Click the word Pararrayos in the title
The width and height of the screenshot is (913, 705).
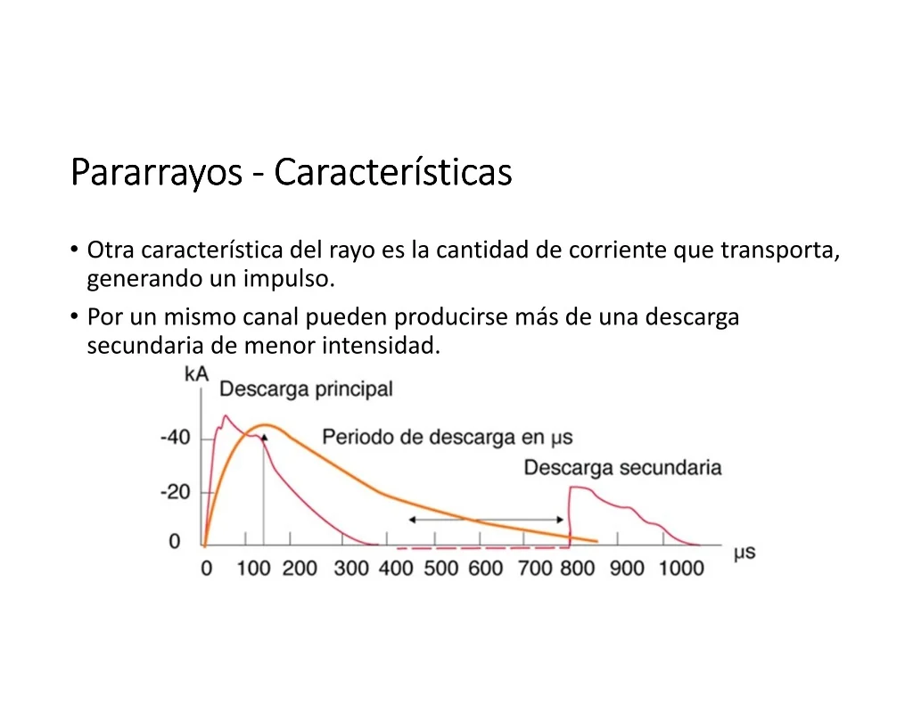(x=156, y=173)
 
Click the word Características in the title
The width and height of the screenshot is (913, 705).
(x=393, y=172)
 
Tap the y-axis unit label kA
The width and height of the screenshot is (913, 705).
(x=196, y=373)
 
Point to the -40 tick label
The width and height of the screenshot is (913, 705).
(x=176, y=437)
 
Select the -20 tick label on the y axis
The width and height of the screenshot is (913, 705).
(x=176, y=492)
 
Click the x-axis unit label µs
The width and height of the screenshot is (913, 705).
(x=744, y=553)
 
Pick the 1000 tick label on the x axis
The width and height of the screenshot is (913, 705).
(x=681, y=568)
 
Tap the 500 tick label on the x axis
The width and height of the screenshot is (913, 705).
(x=440, y=568)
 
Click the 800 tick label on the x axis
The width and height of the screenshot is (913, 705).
(x=577, y=568)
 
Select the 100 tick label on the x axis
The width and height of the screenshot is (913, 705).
(x=253, y=568)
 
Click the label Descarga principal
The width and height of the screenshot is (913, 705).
(x=307, y=389)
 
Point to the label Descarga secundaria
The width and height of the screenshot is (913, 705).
(x=622, y=468)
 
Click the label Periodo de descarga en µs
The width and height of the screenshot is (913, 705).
(x=448, y=438)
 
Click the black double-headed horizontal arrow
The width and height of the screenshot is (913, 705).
(x=486, y=520)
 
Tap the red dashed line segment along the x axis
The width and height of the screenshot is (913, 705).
(x=483, y=548)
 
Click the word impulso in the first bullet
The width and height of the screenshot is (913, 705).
(x=289, y=279)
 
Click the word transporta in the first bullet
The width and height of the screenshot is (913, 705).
(x=780, y=250)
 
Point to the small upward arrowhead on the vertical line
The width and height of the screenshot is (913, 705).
(x=264, y=438)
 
